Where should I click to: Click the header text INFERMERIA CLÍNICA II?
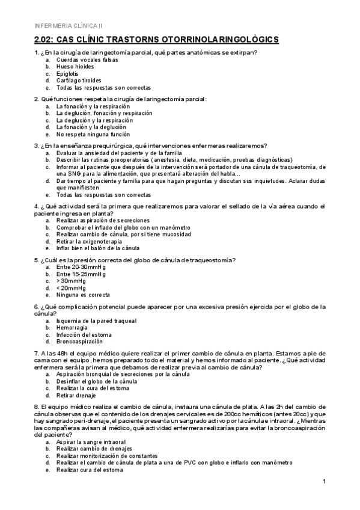(69, 25)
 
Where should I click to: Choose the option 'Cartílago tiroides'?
(79, 80)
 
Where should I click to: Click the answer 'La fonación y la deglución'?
(91, 127)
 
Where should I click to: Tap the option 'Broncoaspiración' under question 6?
(81, 341)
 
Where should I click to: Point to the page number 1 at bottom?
(324, 482)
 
